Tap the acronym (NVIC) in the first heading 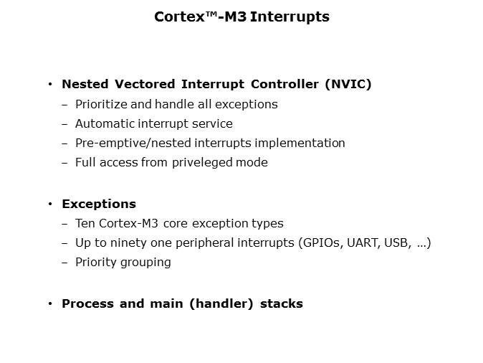[x=348, y=84]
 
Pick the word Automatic [x=103, y=123]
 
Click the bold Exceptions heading [x=99, y=204]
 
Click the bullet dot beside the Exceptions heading [x=50, y=204]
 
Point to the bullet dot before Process [x=50, y=303]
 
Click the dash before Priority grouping [x=66, y=262]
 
